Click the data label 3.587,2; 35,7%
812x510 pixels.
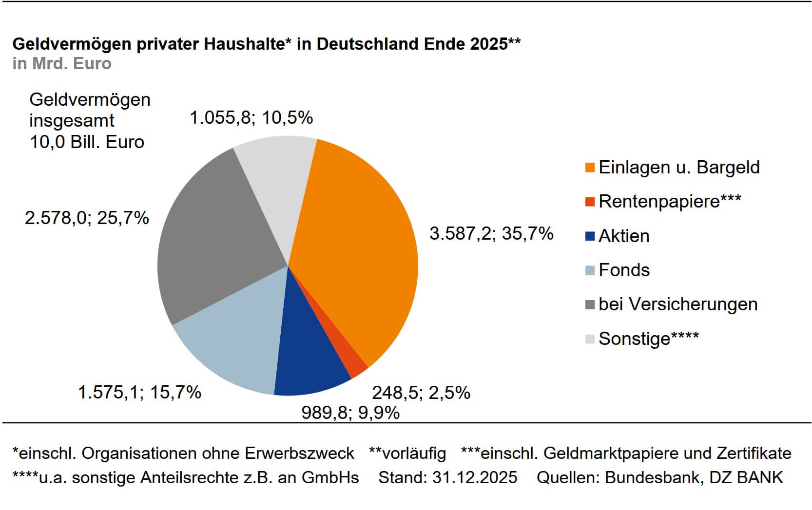pos(491,234)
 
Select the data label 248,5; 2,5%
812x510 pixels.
pos(421,393)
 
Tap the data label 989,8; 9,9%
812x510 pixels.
pos(350,413)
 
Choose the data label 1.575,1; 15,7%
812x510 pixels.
pos(139,392)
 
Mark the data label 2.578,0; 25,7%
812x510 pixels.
pos(87,218)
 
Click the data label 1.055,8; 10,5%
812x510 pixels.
pos(251,117)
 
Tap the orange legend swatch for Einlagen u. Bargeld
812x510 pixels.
pos(590,168)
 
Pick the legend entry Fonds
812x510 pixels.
pos(624,270)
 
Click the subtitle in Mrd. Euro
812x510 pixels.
pos(62,64)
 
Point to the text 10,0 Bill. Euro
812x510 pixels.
pos(87,142)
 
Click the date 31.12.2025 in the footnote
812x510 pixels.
pos(474,477)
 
